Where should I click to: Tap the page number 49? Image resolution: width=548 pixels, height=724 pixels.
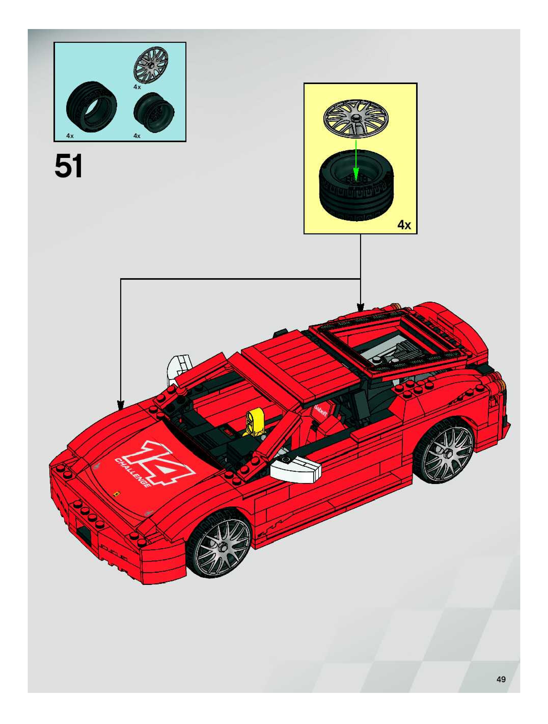(x=501, y=679)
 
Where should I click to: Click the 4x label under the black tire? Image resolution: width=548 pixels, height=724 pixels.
(x=70, y=136)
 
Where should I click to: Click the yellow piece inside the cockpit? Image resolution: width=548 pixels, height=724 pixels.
(x=253, y=422)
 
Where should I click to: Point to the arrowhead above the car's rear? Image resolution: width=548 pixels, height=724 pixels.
(x=360, y=308)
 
